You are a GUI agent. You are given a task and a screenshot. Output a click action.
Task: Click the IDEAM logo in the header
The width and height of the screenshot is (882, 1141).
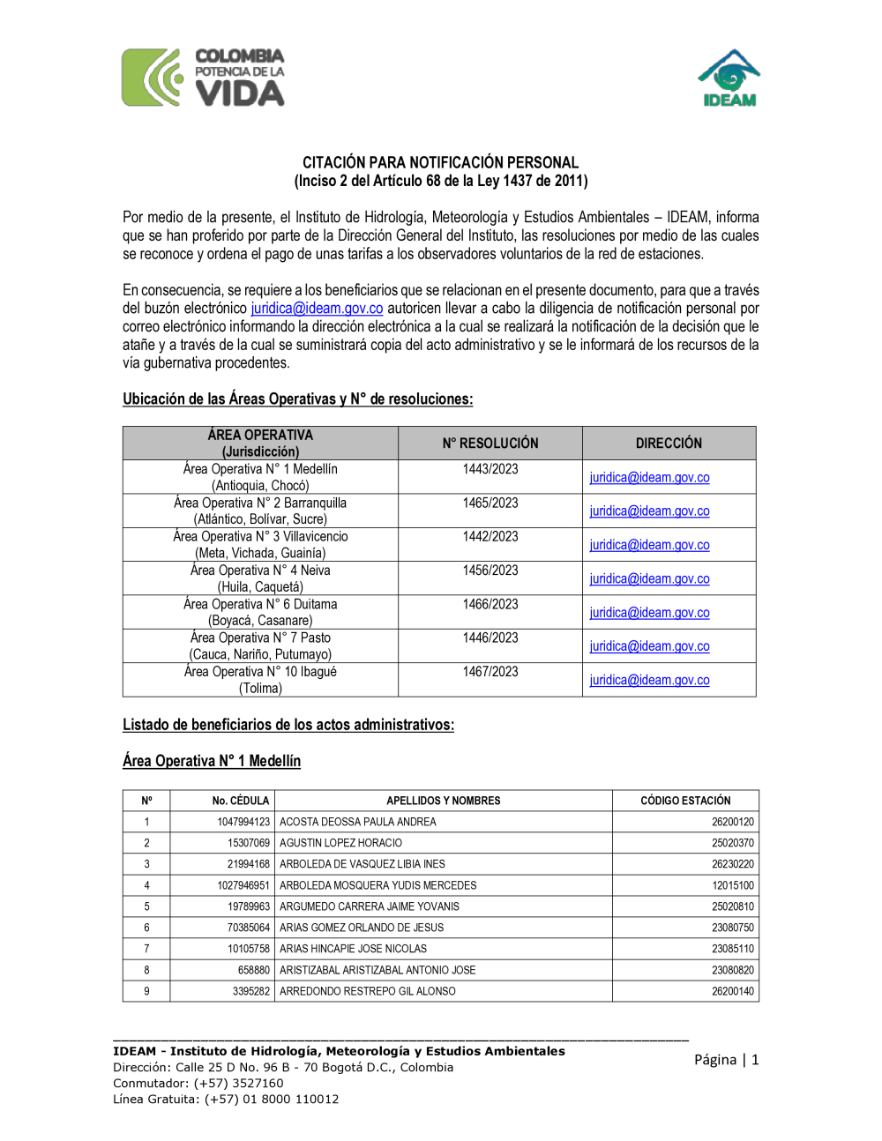pyautogui.click(x=729, y=79)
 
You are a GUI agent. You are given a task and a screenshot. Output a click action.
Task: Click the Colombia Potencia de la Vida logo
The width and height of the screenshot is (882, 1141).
pyautogui.click(x=204, y=78)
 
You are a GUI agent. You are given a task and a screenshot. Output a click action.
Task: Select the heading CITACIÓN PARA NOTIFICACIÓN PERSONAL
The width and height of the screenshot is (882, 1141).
pyautogui.click(x=440, y=162)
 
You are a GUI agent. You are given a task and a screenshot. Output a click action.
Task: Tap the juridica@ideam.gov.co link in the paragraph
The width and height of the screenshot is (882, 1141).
pyautogui.click(x=317, y=309)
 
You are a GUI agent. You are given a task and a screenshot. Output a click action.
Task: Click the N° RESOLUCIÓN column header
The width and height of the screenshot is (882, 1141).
pyautogui.click(x=490, y=444)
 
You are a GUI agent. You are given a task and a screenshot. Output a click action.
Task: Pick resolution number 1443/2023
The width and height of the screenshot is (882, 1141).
pyautogui.click(x=490, y=469)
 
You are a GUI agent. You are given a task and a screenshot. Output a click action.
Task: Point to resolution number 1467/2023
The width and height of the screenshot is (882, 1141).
pyautogui.click(x=490, y=672)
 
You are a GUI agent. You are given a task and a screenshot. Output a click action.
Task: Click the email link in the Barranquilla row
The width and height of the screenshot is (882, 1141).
pyautogui.click(x=649, y=511)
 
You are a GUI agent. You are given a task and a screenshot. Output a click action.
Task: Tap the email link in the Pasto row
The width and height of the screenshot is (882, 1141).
pyautogui.click(x=649, y=646)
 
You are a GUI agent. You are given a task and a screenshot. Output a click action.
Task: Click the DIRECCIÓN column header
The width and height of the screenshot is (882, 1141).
pyautogui.click(x=669, y=444)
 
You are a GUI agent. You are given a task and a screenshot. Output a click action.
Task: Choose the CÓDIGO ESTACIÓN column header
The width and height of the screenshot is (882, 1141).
pyautogui.click(x=685, y=801)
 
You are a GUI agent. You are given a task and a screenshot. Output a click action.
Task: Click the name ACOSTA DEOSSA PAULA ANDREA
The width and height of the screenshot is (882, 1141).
pyautogui.click(x=358, y=822)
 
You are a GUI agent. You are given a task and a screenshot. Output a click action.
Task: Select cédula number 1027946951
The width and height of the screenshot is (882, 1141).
pyautogui.click(x=243, y=885)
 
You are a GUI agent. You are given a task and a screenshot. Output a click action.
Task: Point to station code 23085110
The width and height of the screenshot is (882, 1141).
pyautogui.click(x=733, y=949)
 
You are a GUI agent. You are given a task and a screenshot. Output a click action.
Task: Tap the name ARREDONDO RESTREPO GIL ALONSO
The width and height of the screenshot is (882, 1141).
pyautogui.click(x=368, y=991)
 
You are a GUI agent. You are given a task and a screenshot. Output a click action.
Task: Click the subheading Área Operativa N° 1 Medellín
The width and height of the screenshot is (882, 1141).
pyautogui.click(x=212, y=761)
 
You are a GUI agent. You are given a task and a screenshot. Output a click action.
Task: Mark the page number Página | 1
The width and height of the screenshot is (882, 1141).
pyautogui.click(x=726, y=1060)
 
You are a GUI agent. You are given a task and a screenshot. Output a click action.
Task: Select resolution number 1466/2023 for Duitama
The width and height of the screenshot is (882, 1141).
pyautogui.click(x=490, y=604)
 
